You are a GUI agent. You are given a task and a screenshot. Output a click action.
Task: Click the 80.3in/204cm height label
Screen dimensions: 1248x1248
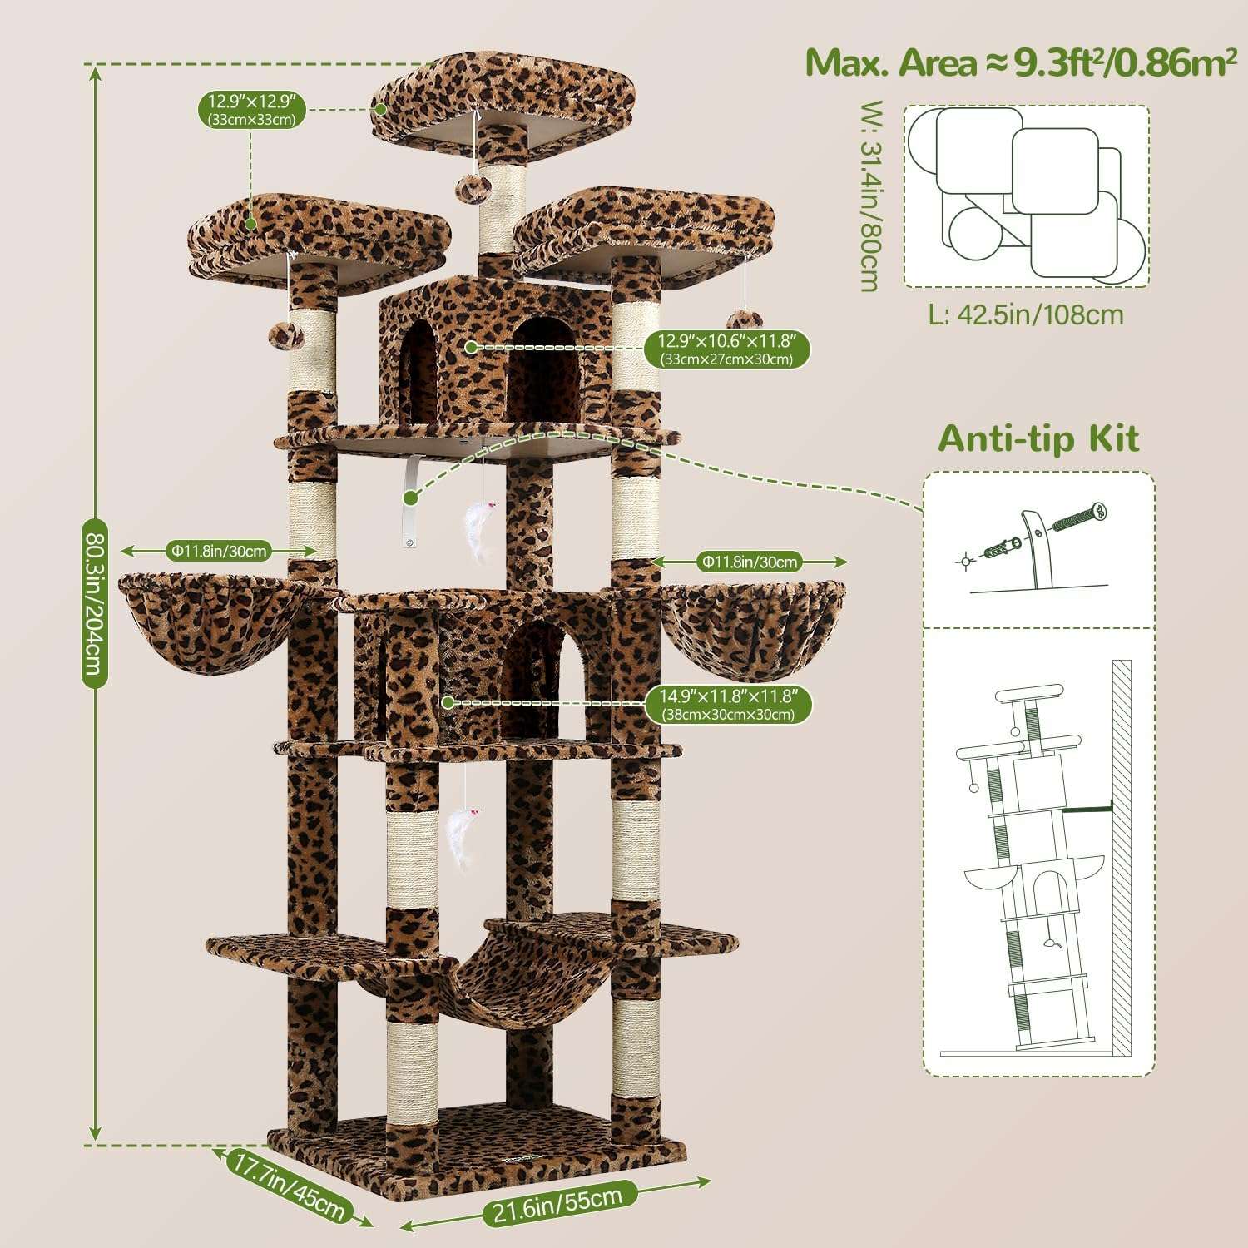94,602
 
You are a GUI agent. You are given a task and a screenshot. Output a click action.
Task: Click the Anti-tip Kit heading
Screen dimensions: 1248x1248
1038,438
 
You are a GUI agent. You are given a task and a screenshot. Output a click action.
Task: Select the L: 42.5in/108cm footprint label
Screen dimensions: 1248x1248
1026,315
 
